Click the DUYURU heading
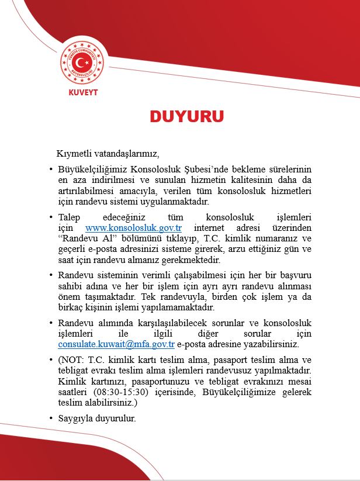pyautogui.click(x=186, y=116)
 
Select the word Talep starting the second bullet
pyautogui.click(x=70, y=217)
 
